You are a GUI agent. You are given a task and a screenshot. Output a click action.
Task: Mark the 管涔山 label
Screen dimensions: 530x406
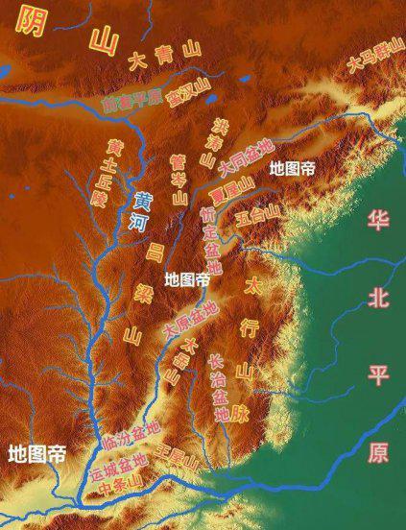coord(179,177)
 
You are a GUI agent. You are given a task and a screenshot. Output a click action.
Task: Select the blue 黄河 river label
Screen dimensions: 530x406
coord(141,212)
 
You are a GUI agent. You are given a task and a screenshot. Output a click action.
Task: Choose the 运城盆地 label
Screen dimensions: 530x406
coord(118,468)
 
